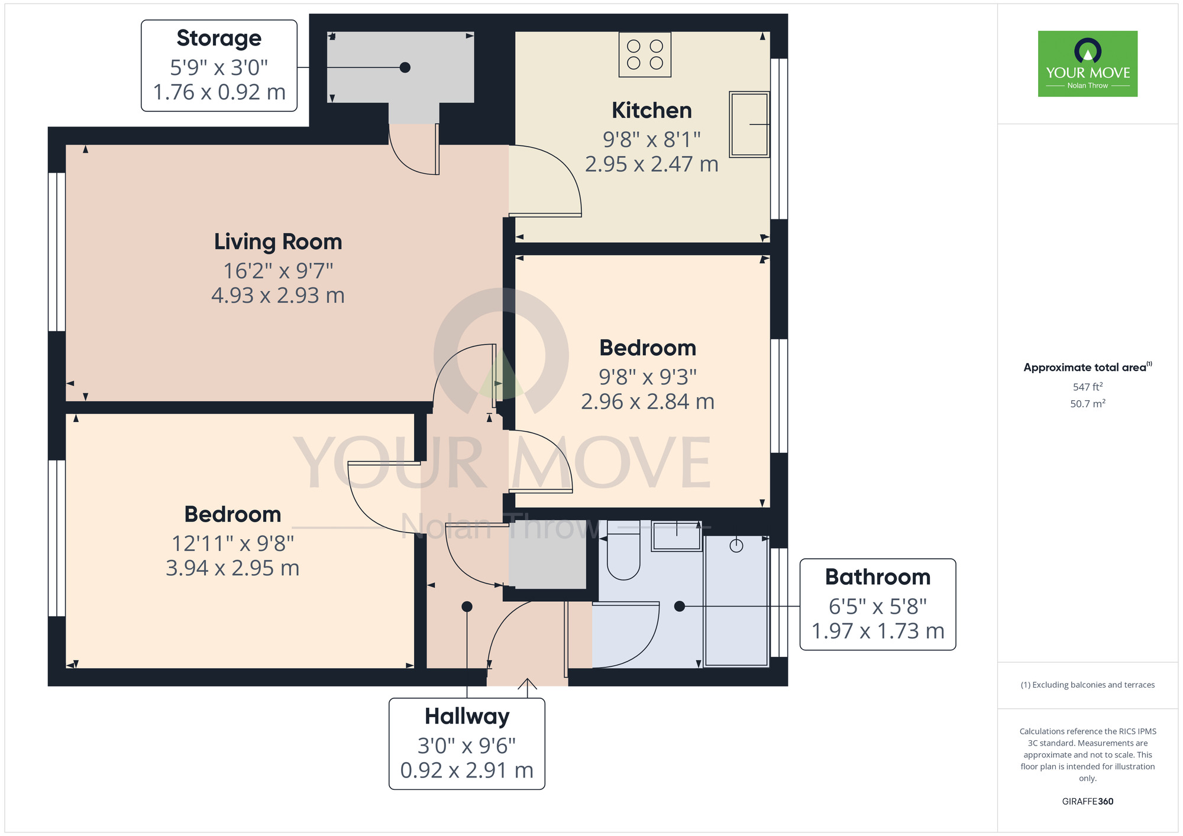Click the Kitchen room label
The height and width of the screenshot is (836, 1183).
point(651,111)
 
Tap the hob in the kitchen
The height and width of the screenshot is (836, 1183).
point(645,54)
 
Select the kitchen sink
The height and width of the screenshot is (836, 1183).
point(749,124)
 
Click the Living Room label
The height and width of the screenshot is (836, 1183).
point(278,242)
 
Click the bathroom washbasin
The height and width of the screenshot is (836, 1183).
point(677,536)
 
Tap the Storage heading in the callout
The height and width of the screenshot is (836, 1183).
point(219,38)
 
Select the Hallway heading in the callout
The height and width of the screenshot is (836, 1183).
point(467,717)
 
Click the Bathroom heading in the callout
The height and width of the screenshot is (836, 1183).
point(878,577)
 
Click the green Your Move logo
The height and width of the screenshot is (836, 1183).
point(1088,64)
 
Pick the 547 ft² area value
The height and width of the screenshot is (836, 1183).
point(1088,387)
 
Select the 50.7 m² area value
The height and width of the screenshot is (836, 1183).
point(1088,404)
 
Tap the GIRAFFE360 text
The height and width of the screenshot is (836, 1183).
point(1088,802)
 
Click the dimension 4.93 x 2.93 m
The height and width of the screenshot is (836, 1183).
point(278,296)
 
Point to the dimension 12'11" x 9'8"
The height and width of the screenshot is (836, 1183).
point(232,543)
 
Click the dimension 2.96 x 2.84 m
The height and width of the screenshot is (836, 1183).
point(648,402)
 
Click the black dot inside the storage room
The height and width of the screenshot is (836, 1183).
point(405,67)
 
